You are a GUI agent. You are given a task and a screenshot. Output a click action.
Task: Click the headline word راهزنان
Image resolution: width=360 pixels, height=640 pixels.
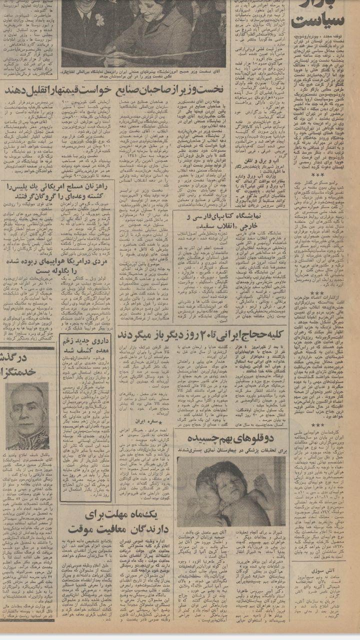(x=95, y=187)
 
